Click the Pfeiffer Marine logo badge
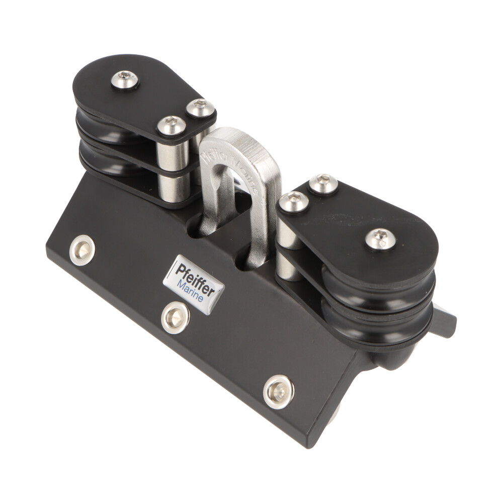pyautogui.click(x=194, y=284)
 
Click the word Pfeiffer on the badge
pyautogui.click(x=196, y=277)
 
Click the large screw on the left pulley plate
pyautogui.click(x=125, y=79)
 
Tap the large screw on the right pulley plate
pyautogui.click(x=380, y=239)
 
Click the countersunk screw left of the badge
pyautogui.click(x=82, y=250)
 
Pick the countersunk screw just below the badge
pyautogui.click(x=175, y=317)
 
